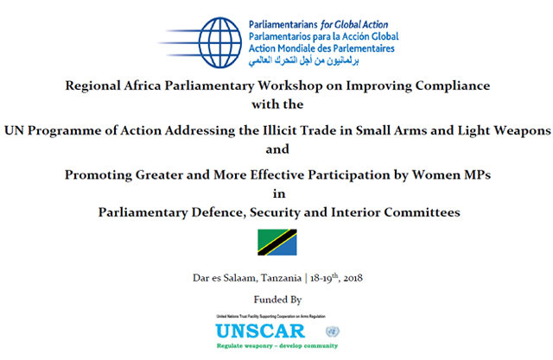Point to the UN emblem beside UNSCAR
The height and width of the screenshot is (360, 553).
333,332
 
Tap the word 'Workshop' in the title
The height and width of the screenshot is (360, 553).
295,86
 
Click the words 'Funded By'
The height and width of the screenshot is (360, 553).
276,300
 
